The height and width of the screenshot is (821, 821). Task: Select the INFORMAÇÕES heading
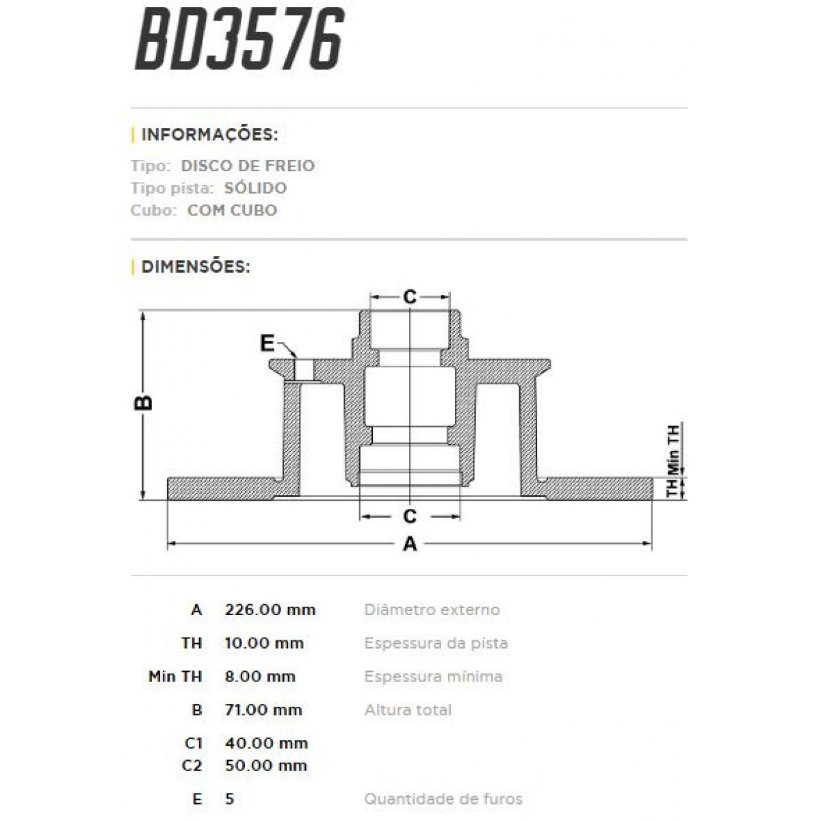209,134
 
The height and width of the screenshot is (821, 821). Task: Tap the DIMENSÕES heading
195,266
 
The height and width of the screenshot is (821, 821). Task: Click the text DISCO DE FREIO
248,166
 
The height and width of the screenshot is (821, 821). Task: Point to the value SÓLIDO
255,188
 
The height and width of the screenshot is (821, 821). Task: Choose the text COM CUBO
232,210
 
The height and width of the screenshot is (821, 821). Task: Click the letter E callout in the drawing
268,343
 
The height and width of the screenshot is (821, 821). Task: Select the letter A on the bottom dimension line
410,544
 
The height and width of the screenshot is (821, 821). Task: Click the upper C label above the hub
409,297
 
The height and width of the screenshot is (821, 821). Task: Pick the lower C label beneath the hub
409,516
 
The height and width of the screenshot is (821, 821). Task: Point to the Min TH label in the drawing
673,449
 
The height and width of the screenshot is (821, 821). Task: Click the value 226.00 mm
270,610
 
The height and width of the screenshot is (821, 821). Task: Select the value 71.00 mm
263,710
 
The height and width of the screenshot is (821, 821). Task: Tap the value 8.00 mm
260,677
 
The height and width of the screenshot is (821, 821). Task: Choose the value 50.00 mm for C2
265,766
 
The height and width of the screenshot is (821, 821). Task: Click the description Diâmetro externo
432,610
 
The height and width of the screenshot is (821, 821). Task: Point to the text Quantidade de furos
443,798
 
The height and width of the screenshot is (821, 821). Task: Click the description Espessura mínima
433,677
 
